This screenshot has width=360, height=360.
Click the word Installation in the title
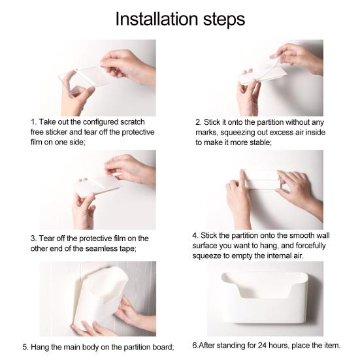(x=156, y=19)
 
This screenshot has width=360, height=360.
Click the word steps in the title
(x=224, y=20)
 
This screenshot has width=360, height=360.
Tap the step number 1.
(x=33, y=122)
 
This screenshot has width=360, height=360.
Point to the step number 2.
(x=199, y=122)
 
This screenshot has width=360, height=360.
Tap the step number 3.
(x=33, y=238)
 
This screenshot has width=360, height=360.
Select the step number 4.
(x=195, y=236)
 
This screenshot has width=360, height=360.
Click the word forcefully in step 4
(x=310, y=246)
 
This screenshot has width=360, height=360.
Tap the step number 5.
(x=25, y=347)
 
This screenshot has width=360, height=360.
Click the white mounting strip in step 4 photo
(x=263, y=181)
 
